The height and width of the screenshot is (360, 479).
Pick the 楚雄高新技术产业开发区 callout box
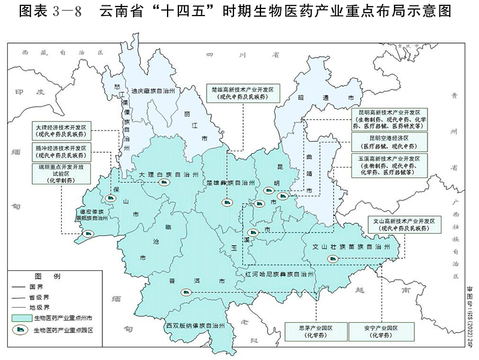tap(242, 93)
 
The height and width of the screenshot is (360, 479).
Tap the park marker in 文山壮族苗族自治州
tap(331, 259)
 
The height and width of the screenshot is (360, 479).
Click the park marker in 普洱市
tap(186, 292)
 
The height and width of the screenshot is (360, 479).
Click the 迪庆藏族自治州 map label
tap(153, 92)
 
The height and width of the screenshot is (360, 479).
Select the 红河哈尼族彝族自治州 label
tap(279, 274)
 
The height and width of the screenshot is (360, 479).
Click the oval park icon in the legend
tap(20, 330)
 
